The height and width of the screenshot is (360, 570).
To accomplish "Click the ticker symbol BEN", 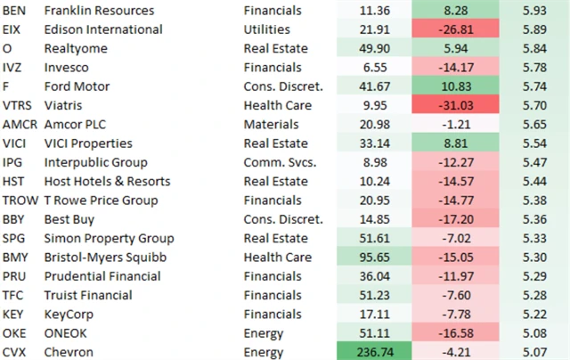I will tap(15, 11).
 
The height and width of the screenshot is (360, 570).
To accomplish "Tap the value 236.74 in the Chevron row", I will tap(367, 352).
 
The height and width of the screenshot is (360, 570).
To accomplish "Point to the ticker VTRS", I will tap(20, 105).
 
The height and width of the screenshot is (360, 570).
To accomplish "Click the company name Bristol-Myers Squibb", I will tap(95, 257).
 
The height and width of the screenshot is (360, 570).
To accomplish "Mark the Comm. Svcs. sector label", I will tap(279, 162).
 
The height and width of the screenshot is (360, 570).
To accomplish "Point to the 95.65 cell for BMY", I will tap(367, 257).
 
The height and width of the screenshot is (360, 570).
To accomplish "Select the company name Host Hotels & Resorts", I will tap(99, 181).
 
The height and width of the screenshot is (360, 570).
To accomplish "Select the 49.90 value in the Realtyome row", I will tap(367, 49).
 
